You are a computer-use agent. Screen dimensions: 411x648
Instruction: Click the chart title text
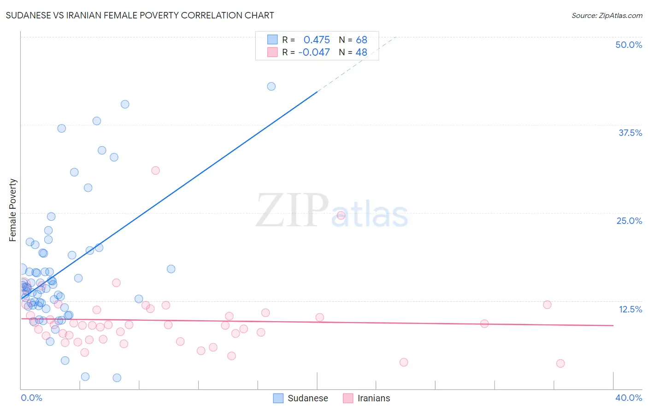pyautogui.click(x=140, y=15)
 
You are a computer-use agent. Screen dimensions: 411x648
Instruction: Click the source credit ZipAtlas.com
pyautogui.click(x=607, y=15)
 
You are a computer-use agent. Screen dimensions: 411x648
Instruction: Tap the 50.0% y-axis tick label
pyautogui.click(x=629, y=45)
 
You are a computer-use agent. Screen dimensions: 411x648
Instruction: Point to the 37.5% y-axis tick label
pyautogui.click(x=630, y=133)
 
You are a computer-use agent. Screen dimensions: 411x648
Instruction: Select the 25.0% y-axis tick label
pyautogui.click(x=629, y=221)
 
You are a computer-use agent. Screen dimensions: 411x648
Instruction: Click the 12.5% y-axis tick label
pyautogui.click(x=630, y=309)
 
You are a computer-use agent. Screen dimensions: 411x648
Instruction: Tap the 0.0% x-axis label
pyautogui.click(x=31, y=398)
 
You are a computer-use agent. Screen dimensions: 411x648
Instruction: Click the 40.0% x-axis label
pyautogui.click(x=629, y=398)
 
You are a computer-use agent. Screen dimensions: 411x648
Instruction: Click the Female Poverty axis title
pyautogui.click(x=13, y=210)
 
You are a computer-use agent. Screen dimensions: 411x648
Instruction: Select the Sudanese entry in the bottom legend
pyautogui.click(x=307, y=398)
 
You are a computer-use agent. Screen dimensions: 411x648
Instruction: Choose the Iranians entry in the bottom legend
pyautogui.click(x=373, y=398)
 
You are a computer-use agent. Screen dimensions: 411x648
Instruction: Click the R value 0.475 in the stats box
pyautogui.click(x=317, y=40)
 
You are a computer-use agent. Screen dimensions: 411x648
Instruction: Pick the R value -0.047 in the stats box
pyautogui.click(x=314, y=53)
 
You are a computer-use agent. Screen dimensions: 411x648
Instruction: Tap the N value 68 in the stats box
pyautogui.click(x=361, y=40)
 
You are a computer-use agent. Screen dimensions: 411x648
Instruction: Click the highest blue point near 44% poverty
pyautogui.click(x=271, y=87)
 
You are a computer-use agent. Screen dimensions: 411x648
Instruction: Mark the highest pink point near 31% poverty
pyautogui.click(x=155, y=170)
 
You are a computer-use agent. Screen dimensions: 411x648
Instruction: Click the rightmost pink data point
pyautogui.click(x=560, y=364)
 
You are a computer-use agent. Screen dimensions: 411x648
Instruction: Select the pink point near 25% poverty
pyautogui.click(x=341, y=215)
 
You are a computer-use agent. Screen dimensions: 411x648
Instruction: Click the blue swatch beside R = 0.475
pyautogui.click(x=272, y=40)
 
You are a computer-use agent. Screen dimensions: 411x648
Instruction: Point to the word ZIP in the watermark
pyautogui.click(x=292, y=211)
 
